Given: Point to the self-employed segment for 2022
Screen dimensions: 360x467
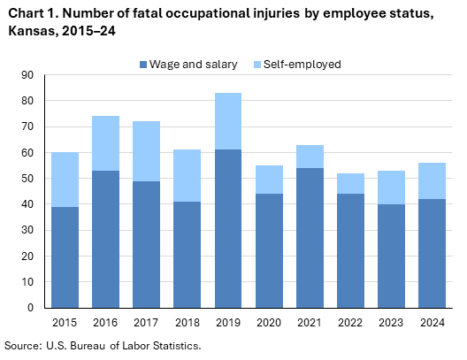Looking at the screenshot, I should point(351,183).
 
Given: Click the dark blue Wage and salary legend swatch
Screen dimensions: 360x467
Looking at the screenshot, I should point(143,65).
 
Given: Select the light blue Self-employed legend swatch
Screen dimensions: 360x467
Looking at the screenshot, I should point(258,65).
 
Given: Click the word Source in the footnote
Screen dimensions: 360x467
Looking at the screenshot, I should point(23,345).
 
